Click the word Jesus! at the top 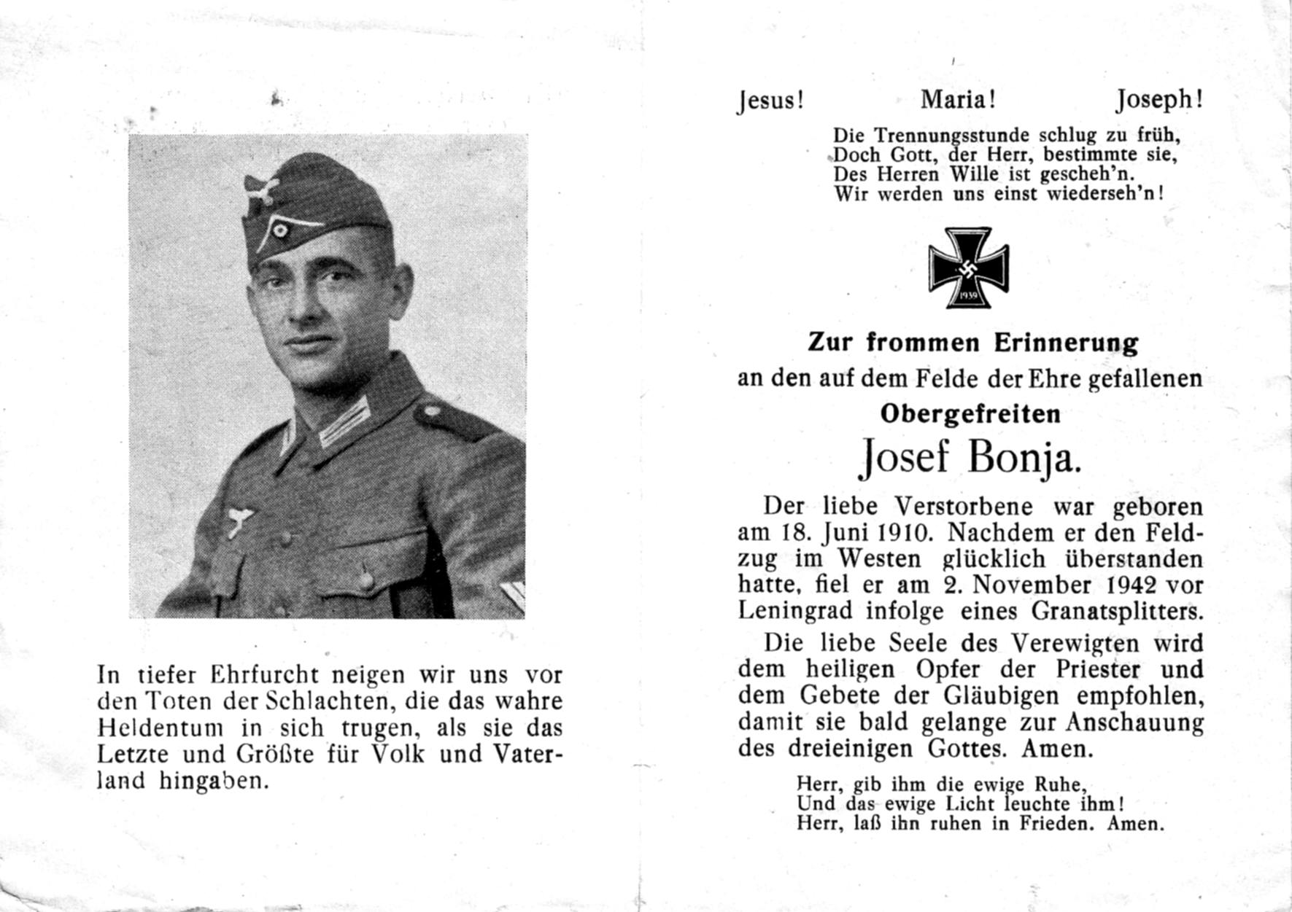point(770,100)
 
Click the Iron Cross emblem point(968,268)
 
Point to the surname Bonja point(1024,459)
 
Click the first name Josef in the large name point(904,459)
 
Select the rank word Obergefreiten point(970,414)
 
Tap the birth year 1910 point(902,532)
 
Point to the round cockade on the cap point(282,229)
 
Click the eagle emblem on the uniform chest point(239,521)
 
